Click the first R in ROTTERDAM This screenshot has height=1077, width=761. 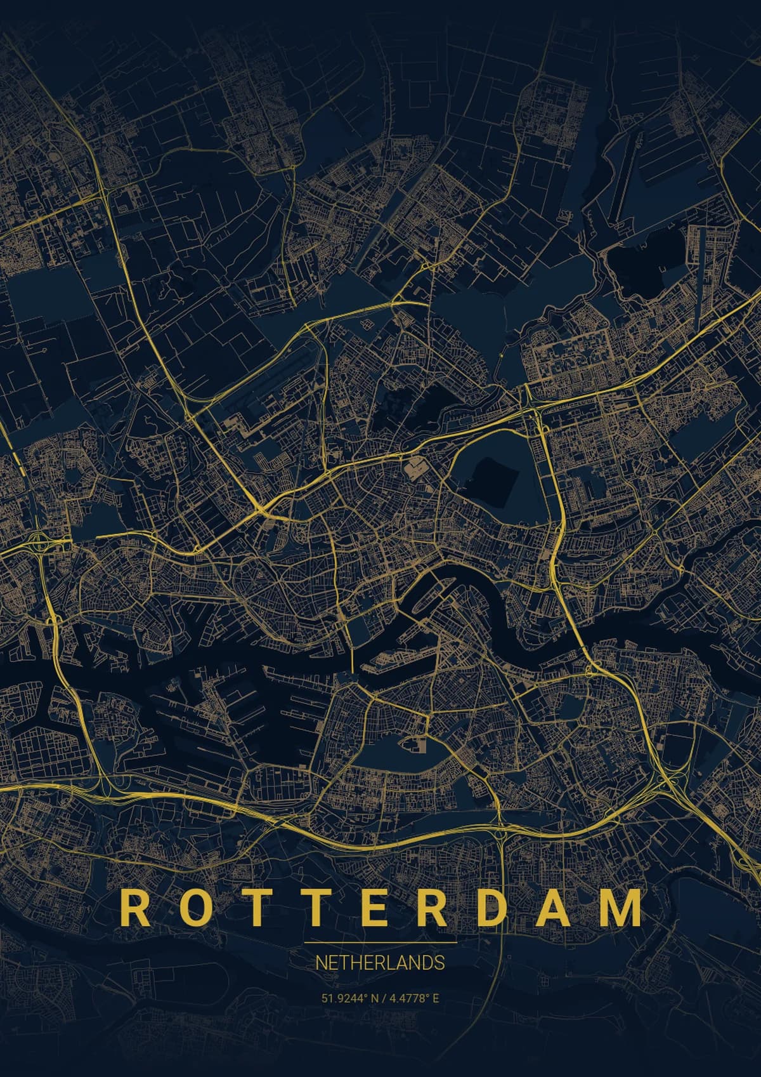coord(133,908)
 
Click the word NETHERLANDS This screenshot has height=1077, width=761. coord(380,962)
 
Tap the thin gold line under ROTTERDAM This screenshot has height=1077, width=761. coord(380,942)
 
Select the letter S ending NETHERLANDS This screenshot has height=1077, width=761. coord(439,962)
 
